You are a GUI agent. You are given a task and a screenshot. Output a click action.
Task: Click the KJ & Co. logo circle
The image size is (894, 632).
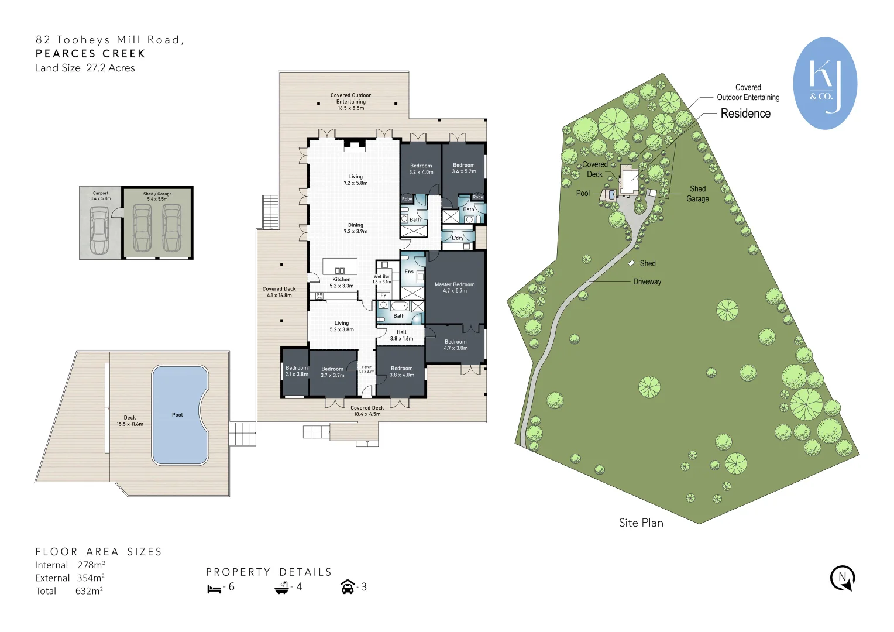point(825,83)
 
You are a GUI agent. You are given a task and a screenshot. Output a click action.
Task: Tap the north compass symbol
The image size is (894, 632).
point(843,578)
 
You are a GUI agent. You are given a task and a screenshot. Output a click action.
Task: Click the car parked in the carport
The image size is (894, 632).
point(99,229)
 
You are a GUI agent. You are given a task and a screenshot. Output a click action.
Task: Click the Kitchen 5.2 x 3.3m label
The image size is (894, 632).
point(342,283)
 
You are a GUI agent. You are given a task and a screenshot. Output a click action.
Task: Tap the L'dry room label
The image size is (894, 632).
point(458,238)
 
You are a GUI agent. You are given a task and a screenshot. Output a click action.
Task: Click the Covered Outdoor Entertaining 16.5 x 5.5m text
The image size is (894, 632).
point(350,101)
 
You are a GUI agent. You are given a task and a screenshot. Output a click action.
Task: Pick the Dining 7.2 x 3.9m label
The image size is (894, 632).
point(356,228)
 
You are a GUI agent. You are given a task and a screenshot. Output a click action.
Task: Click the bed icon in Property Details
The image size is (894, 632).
point(214,588)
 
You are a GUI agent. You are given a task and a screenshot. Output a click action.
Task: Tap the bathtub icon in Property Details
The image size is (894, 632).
point(282,588)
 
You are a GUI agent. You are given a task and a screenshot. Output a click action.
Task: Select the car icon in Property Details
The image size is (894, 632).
point(348,587)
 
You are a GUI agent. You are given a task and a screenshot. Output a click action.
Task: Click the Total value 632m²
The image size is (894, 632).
point(89,591)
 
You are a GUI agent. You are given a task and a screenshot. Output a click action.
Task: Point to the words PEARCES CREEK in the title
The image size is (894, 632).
point(90,54)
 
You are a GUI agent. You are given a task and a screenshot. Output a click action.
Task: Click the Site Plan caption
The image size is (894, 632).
point(641,523)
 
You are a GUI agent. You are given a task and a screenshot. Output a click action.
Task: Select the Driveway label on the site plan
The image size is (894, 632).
point(647,281)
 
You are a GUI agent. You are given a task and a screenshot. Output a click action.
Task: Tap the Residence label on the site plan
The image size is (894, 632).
point(745,114)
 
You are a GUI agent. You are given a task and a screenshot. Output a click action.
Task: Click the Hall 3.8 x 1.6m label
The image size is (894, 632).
point(401,335)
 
